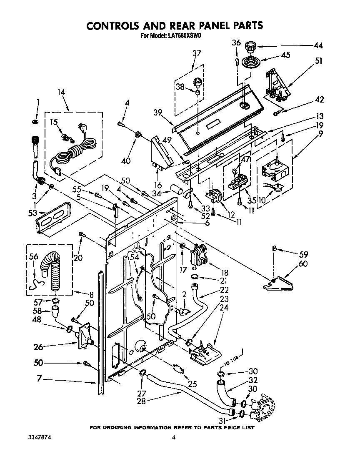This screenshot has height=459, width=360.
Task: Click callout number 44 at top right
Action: point(318,45)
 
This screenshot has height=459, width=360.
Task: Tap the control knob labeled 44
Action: point(250,45)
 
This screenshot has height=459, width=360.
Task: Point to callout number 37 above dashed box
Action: point(197,53)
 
